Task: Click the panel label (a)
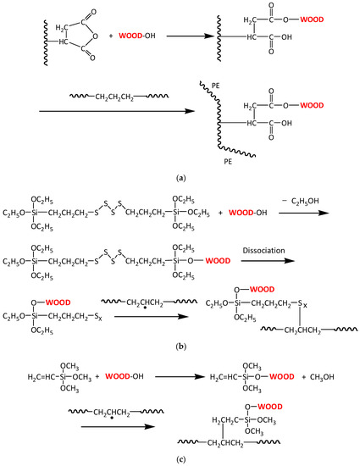click(180, 179)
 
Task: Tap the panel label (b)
click(180, 347)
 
